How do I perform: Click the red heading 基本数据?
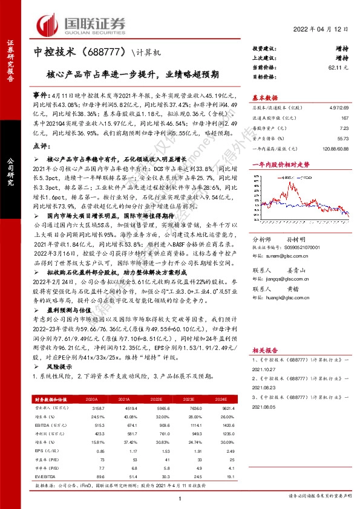pyautogui.click(x=265, y=97)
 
